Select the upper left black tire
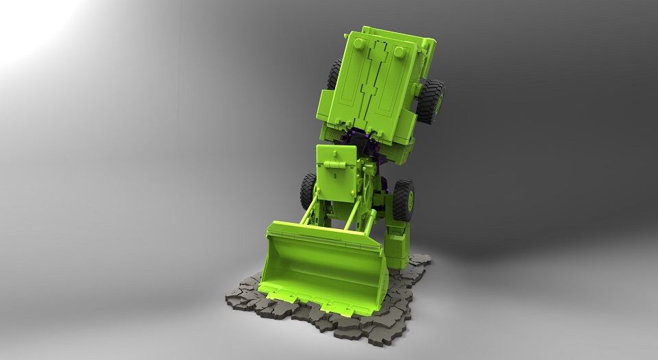tap(335, 75)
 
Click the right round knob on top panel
tap(400, 53)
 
